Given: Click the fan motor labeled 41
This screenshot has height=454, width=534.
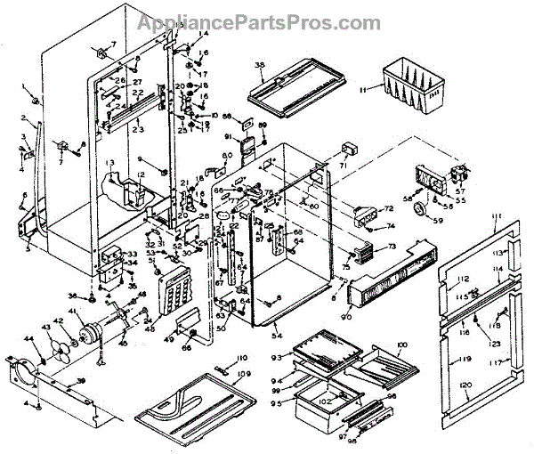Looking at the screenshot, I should click(90, 334).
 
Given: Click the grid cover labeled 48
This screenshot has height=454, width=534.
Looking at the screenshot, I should click(175, 288).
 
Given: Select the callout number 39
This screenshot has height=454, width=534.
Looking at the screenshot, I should click(82, 380).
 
